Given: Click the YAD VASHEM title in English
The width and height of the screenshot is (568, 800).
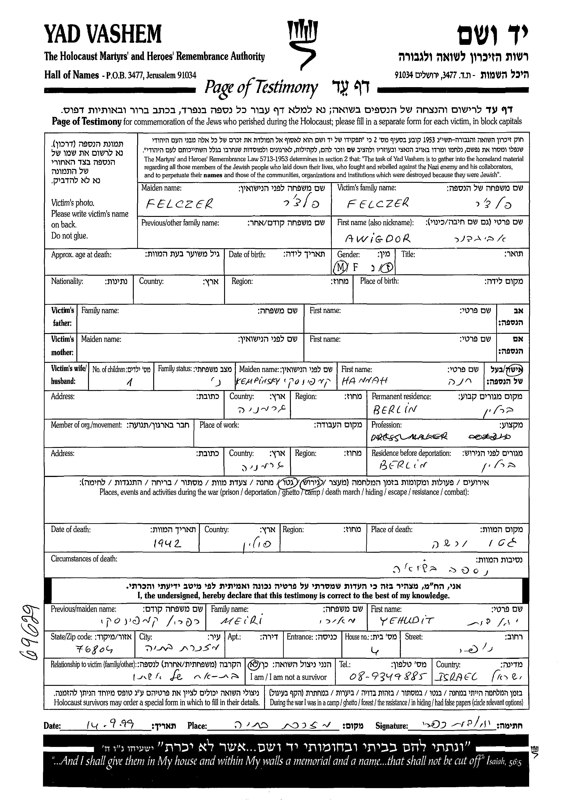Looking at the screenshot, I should [102, 34].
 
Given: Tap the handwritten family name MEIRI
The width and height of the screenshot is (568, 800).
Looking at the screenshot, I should [241, 621].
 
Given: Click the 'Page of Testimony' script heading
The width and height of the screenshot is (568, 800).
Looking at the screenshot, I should [261, 87].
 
